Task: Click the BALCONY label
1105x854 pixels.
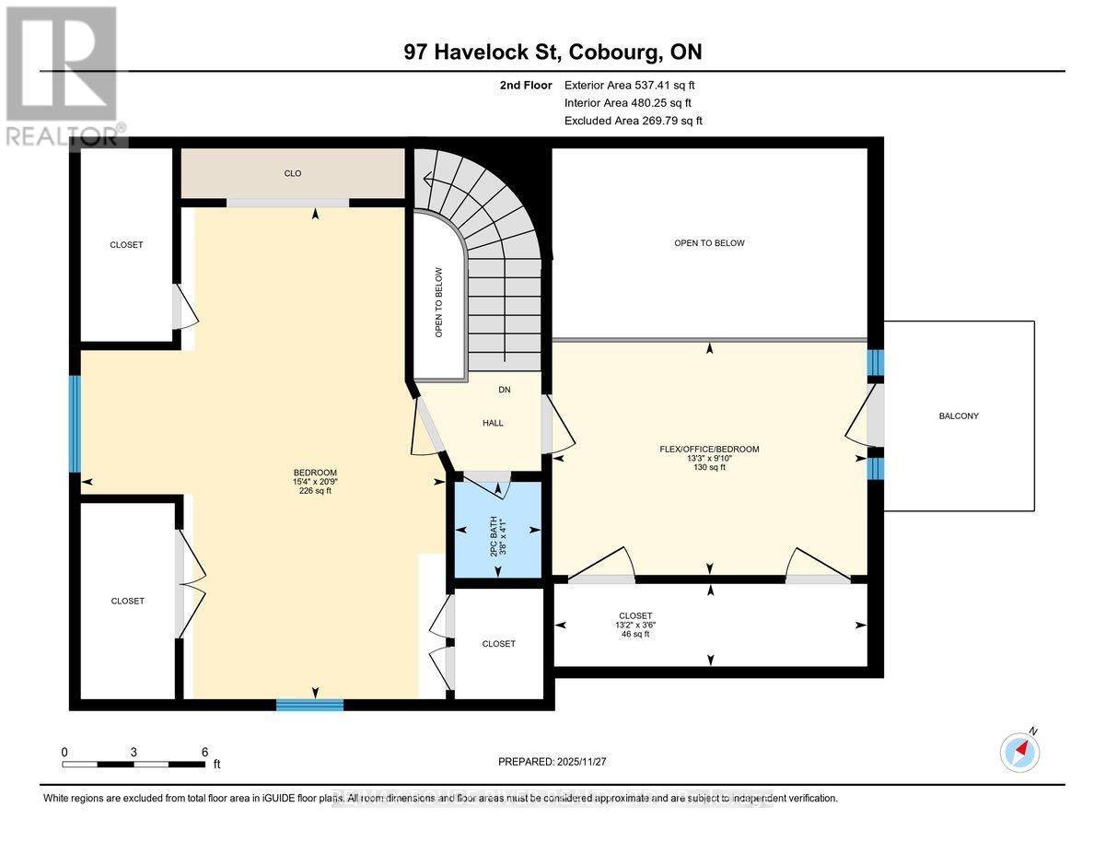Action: (x=959, y=416)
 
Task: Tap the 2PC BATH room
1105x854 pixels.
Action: (x=498, y=531)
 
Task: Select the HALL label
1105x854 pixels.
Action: (x=494, y=423)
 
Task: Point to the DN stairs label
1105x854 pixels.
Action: (x=504, y=390)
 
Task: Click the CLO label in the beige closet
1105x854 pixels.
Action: (x=293, y=173)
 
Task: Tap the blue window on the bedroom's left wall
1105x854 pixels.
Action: (x=76, y=424)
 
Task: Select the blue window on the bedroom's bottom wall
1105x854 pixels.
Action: (x=309, y=705)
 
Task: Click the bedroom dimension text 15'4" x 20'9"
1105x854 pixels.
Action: (x=308, y=482)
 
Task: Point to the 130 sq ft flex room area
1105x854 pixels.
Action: (x=709, y=468)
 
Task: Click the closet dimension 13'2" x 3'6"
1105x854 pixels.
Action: (x=635, y=625)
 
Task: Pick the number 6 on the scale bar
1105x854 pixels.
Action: (x=204, y=752)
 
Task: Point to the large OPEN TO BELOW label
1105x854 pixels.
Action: (x=709, y=243)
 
